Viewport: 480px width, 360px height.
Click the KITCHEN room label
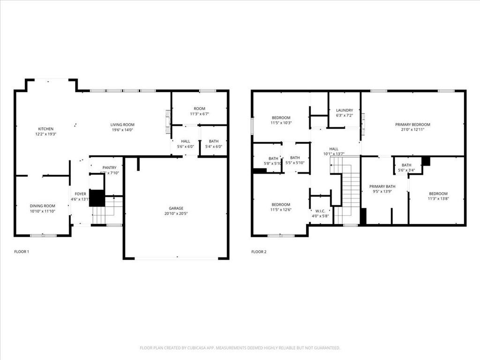coord(45,129)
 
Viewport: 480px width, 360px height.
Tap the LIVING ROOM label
coord(122,125)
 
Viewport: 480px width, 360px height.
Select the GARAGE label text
coord(176,208)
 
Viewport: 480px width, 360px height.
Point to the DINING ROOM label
coord(43,206)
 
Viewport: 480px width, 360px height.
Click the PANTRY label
coord(109,167)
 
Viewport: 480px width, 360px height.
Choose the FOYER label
coord(81,194)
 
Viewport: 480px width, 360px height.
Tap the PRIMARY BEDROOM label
coord(412,125)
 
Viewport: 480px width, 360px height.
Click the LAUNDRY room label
coord(345,111)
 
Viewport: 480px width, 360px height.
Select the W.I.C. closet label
coord(321,210)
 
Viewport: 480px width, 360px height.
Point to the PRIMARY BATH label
coord(382,187)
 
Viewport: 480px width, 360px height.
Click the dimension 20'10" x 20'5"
coord(176,214)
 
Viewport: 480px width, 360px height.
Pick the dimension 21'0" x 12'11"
coord(412,130)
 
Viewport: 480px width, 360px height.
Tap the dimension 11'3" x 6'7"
coord(200,114)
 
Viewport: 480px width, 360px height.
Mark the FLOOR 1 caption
coord(22,252)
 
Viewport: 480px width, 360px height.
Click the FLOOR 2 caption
coord(259,252)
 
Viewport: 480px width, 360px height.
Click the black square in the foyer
coord(97,198)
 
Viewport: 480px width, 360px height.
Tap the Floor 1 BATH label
coord(214,141)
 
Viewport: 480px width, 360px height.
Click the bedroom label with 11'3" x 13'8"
coord(438,194)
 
